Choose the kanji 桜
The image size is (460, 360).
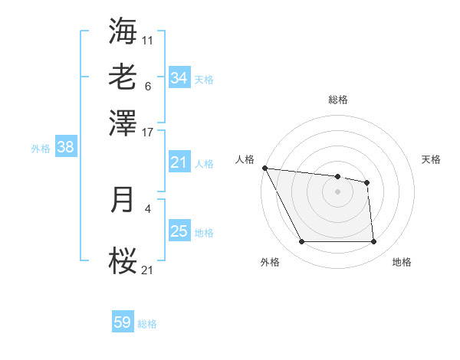tap(123, 260)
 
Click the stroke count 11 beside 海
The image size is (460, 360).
tap(148, 40)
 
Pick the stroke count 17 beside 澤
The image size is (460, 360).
tap(148, 131)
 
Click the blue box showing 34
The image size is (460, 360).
tap(179, 78)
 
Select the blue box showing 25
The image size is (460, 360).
tap(179, 231)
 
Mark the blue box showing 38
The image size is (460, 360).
tap(65, 148)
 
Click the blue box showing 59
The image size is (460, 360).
tap(122, 322)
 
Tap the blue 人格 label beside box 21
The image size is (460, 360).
tap(204, 164)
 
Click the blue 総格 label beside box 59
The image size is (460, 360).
tap(147, 324)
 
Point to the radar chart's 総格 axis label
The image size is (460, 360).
tap(338, 100)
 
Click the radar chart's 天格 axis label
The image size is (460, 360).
tap(431, 159)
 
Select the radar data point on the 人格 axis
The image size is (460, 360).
tap(264, 168)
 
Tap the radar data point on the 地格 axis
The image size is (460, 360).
tap(373, 242)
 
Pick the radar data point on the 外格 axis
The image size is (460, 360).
tap(301, 242)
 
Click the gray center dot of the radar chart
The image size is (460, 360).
tap(338, 191)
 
